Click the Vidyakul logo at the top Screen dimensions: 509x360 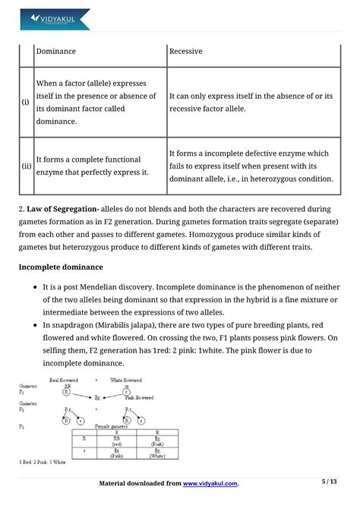[55, 19]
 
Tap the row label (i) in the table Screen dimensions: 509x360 [26, 100]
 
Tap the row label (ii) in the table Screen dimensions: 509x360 [26, 166]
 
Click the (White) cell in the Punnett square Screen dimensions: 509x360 [156, 456]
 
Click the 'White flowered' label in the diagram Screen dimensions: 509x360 [126, 379]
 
